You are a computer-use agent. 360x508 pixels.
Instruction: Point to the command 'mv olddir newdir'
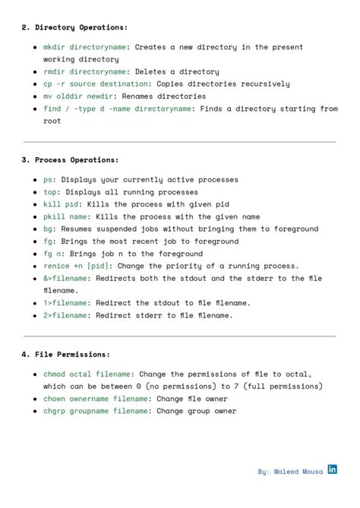(x=81, y=96)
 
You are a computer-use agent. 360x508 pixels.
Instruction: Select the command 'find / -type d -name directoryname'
(x=118, y=109)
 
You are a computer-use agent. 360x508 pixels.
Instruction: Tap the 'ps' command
(x=48, y=180)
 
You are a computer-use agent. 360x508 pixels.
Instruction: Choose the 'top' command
(x=50, y=192)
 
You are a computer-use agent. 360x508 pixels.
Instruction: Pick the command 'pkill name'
(x=65, y=216)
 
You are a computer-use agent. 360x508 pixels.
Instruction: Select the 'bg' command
(x=48, y=229)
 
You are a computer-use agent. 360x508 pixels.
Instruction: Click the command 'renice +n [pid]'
(x=76, y=266)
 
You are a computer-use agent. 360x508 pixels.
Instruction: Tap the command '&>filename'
(x=65, y=279)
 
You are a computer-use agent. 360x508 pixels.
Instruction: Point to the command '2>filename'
(x=65, y=315)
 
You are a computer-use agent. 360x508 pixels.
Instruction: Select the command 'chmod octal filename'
(x=88, y=374)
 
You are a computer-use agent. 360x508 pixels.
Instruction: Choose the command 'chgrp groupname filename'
(x=96, y=411)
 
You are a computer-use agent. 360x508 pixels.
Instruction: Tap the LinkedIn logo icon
(x=333, y=470)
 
